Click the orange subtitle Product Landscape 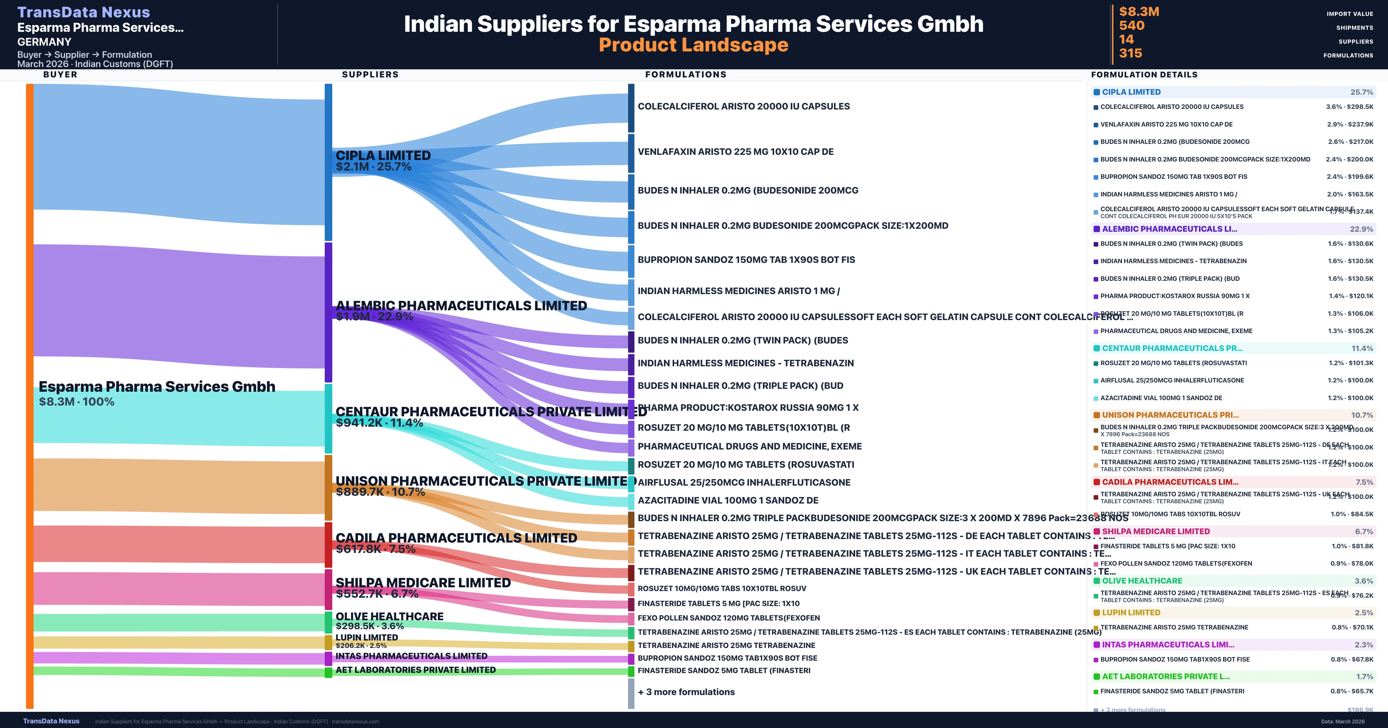coord(693,45)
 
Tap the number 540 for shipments coord(1132,26)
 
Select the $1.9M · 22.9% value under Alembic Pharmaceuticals coord(374,317)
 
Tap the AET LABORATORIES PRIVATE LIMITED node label coord(416,670)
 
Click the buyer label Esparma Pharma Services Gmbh coord(157,387)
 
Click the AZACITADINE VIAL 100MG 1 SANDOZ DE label coord(728,500)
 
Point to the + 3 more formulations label coord(686,692)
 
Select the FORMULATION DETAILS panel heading coord(1144,75)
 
